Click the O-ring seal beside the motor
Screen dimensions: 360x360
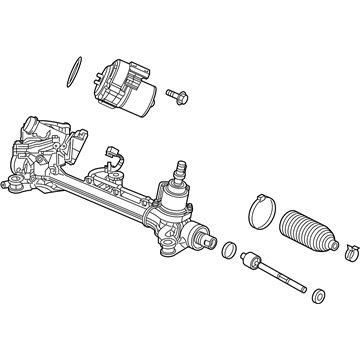tap(71, 73)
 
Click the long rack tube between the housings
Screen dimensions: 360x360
tap(110, 195)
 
